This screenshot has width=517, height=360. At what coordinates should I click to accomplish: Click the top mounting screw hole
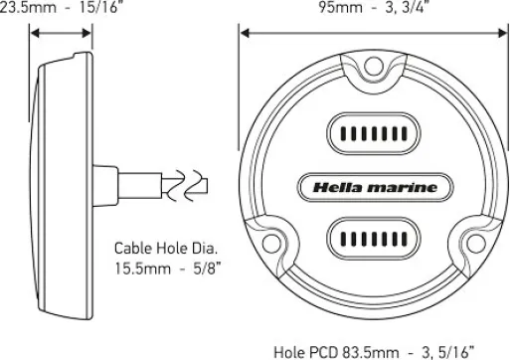tap(374, 66)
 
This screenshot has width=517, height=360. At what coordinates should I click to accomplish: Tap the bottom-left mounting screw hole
tap(271, 243)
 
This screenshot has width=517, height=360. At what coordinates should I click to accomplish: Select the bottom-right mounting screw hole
tap(476, 243)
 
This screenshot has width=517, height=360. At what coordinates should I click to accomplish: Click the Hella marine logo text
tap(375, 188)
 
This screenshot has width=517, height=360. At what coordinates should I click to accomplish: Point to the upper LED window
tap(374, 133)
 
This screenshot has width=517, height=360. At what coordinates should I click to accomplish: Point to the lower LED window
tap(374, 239)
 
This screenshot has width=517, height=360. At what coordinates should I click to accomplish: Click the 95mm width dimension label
tap(374, 7)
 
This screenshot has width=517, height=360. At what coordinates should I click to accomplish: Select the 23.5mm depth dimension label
tap(59, 7)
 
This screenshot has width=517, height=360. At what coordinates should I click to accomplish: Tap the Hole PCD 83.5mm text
tap(374, 352)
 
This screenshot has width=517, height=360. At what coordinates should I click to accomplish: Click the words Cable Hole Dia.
tap(166, 249)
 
